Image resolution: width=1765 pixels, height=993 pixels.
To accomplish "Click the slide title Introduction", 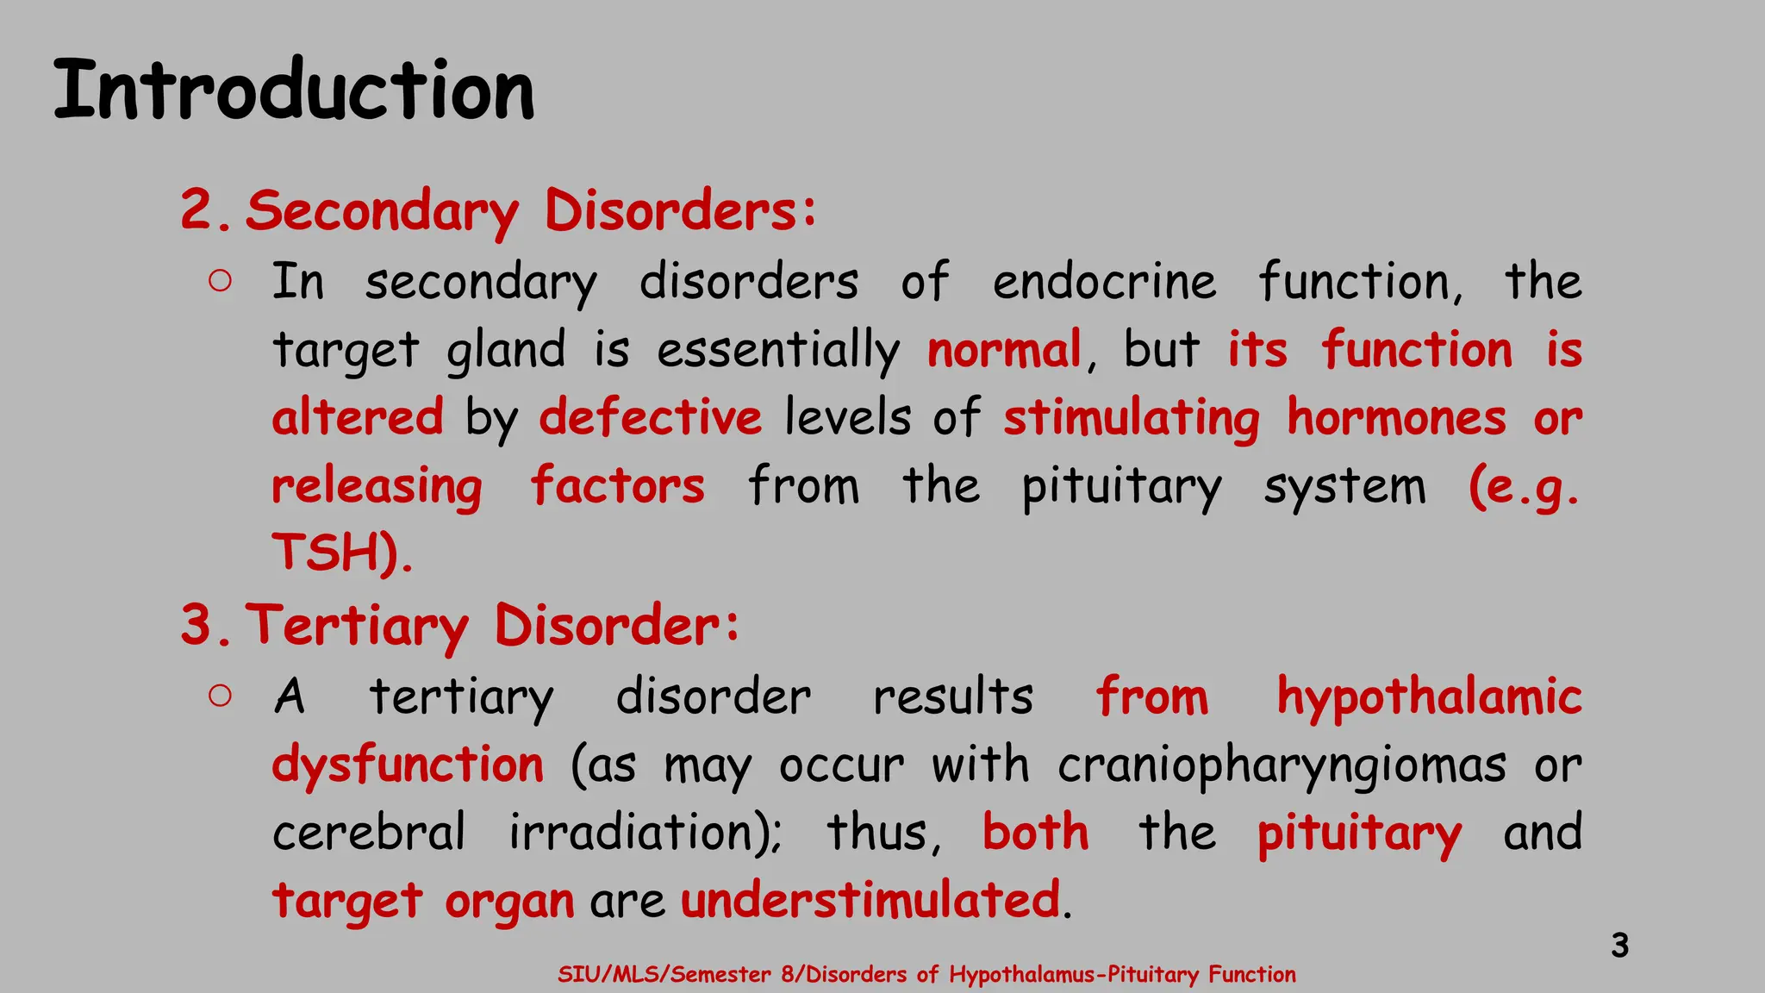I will click(294, 91).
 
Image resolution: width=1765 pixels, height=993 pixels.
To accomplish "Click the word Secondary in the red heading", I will click(382, 211).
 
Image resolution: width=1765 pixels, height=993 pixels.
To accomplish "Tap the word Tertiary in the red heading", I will click(358, 626).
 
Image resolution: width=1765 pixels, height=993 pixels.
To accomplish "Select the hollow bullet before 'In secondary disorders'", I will click(220, 281).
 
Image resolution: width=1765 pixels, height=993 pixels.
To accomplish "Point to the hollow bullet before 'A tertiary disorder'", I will click(220, 696).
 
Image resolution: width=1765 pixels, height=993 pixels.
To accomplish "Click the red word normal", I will click(1004, 350).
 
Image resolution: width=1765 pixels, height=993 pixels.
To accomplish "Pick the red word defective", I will click(651, 418).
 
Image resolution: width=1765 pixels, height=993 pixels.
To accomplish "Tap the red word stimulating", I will click(1131, 418).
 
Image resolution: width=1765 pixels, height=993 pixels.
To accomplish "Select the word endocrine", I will click(1104, 282).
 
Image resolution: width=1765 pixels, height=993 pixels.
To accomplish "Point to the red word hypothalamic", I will click(1429, 696).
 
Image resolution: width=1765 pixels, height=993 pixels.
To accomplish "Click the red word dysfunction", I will click(408, 765).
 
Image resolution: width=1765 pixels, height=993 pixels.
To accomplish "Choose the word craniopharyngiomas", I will click(1282, 765).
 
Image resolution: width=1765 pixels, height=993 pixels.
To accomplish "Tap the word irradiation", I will click(642, 833).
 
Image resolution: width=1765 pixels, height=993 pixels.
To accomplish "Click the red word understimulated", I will click(870, 901).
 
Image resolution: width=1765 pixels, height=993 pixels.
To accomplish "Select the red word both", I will click(1035, 833).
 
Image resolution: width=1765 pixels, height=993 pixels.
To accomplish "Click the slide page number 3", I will click(1619, 946).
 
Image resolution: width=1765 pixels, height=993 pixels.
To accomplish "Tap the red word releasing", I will click(377, 486).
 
